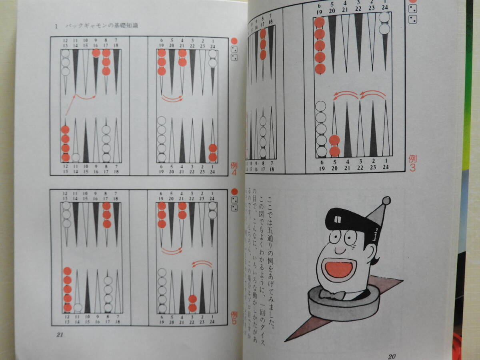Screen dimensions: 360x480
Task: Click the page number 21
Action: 60,335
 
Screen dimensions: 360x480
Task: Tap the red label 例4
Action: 234,168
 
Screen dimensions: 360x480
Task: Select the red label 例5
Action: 234,319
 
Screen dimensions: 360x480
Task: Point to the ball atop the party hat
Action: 386,200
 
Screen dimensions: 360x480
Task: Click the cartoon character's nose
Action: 340,250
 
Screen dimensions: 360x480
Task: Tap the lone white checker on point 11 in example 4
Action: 76,157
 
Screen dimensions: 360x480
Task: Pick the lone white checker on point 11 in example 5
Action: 78,308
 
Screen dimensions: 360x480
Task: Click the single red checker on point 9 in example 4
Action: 96,53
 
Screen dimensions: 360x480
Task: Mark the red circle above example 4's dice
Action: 234,41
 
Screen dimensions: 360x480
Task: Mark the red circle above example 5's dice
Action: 234,192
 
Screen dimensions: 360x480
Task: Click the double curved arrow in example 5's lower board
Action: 202,264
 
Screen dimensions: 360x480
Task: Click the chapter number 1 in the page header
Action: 56,26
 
